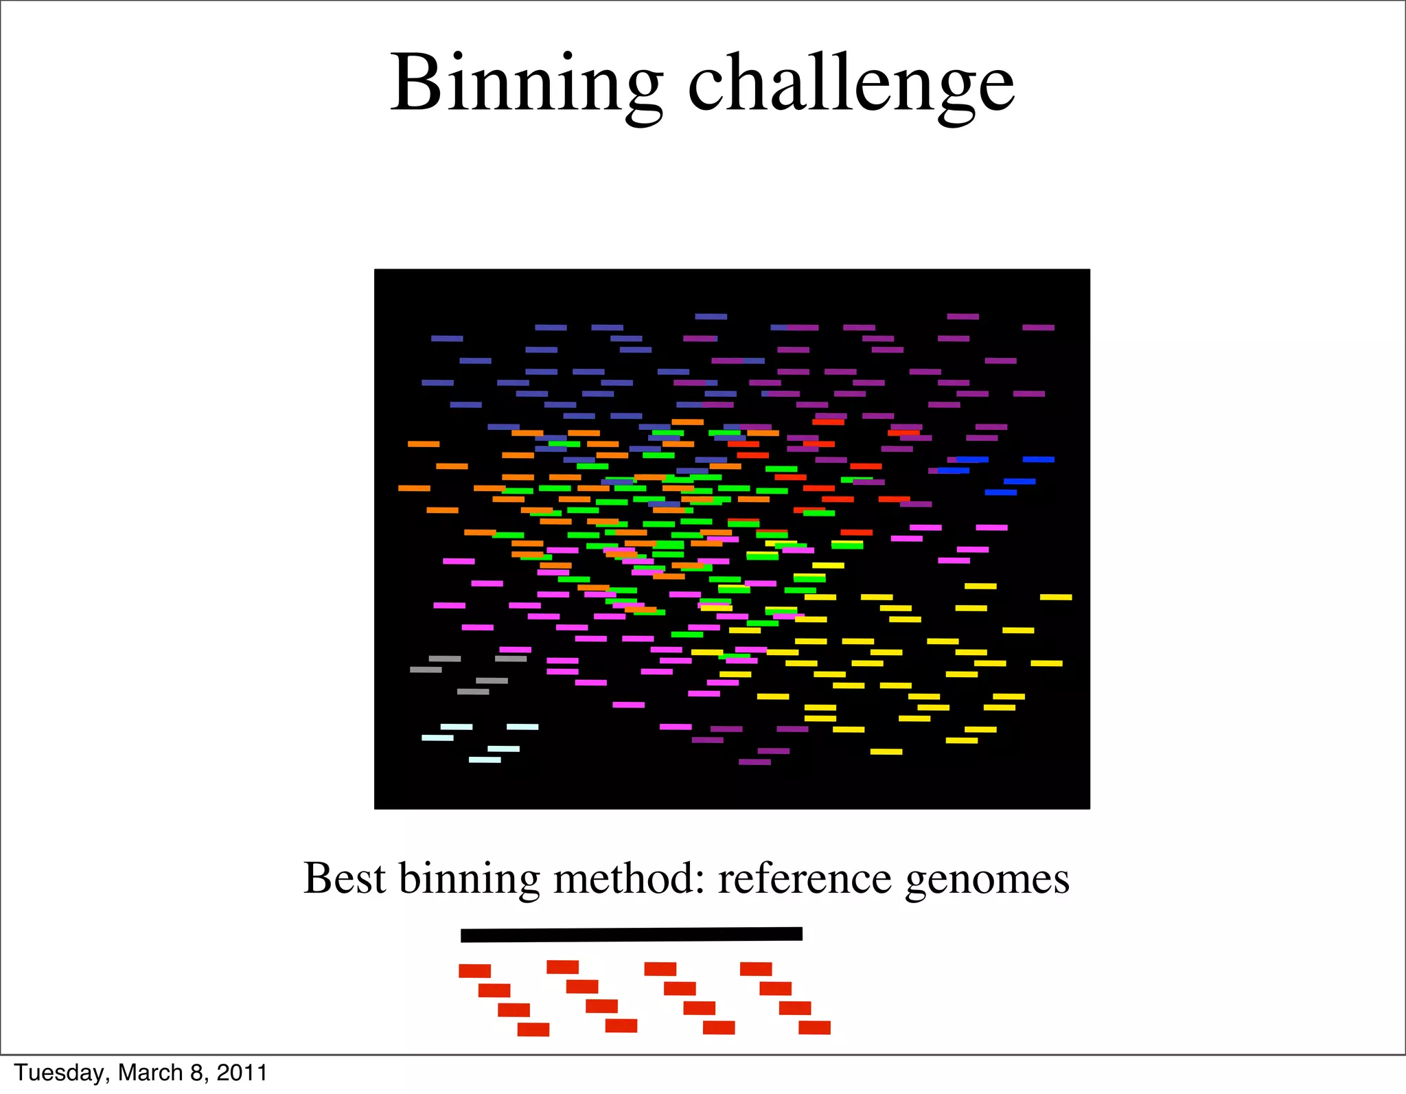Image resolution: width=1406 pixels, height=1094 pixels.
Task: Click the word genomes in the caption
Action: click(987, 879)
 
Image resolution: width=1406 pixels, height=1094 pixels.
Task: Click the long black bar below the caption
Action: click(631, 934)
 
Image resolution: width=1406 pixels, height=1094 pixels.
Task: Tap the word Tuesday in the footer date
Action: click(59, 1073)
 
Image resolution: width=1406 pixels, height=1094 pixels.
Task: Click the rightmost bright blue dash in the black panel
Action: click(1038, 459)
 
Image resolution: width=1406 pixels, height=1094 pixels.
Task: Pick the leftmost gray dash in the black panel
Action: click(426, 670)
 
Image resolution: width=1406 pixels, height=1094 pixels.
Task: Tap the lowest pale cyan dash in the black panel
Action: click(485, 760)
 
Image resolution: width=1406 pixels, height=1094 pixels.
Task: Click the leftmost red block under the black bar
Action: click(474, 971)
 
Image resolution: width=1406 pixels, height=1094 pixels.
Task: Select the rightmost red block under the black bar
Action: click(814, 1027)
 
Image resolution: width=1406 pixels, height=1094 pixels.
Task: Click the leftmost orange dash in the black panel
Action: click(414, 488)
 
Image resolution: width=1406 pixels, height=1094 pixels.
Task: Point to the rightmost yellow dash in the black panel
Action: click(1056, 597)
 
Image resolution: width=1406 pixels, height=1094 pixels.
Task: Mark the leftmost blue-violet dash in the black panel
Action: click(437, 383)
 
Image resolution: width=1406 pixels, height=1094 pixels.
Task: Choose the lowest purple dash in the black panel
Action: click(754, 762)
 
